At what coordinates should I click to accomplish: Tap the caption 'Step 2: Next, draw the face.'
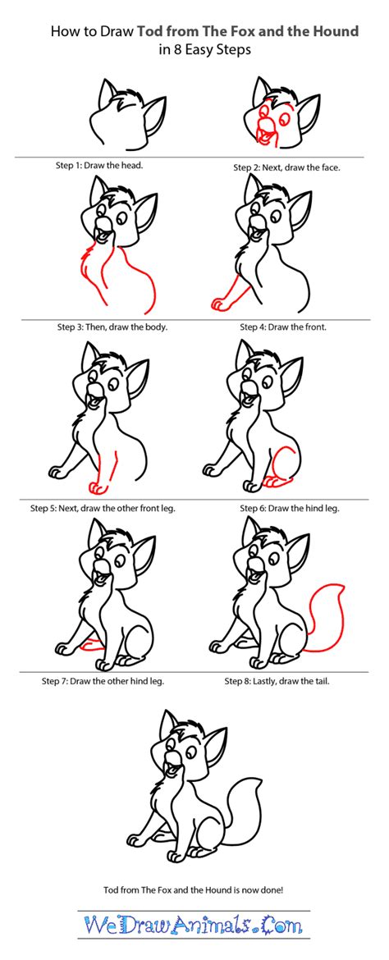point(286,167)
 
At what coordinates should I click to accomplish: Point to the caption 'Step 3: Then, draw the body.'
point(112,327)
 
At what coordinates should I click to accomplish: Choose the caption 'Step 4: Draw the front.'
point(283,327)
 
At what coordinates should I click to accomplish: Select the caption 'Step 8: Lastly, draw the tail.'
point(283,680)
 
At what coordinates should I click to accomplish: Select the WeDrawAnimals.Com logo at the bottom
point(194,926)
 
